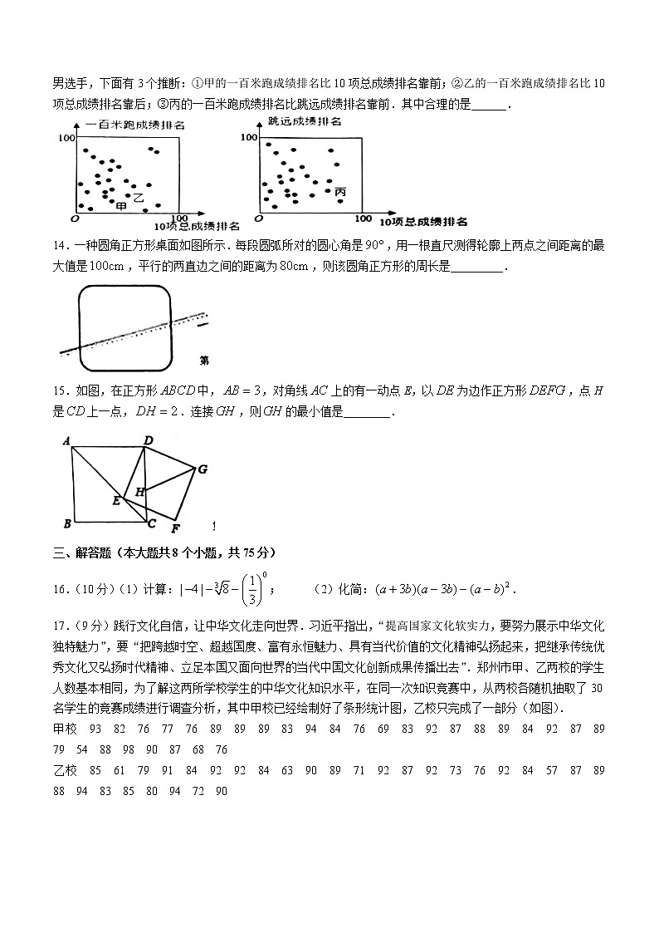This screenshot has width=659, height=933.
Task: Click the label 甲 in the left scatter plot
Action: pos(121,205)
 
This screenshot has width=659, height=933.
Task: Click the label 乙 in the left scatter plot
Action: pos(139,198)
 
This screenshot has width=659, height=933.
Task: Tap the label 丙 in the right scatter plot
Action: pos(340,193)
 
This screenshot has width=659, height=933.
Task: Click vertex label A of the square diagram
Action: pos(66,441)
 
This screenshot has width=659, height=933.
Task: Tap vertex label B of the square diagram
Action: pos(66,523)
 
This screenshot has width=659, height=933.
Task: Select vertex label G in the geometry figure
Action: pos(201,469)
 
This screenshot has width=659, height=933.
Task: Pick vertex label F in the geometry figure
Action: pos(174,528)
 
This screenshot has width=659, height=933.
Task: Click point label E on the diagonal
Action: pos(116,500)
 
